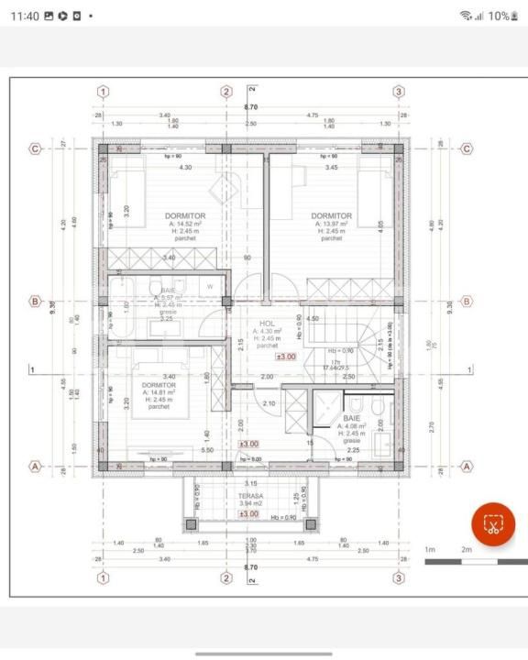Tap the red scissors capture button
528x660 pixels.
[x=493, y=524]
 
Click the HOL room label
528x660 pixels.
[x=268, y=324]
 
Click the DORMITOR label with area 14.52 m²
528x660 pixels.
[x=185, y=215]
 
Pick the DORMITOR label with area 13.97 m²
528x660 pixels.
[x=331, y=215]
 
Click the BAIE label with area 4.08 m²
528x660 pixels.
[x=353, y=417]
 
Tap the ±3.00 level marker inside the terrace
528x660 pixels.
[x=248, y=514]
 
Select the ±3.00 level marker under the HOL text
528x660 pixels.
[x=286, y=357]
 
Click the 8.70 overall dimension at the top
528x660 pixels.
[x=250, y=107]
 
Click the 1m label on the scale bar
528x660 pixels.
[x=430, y=549]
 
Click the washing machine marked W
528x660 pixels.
[x=210, y=287]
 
